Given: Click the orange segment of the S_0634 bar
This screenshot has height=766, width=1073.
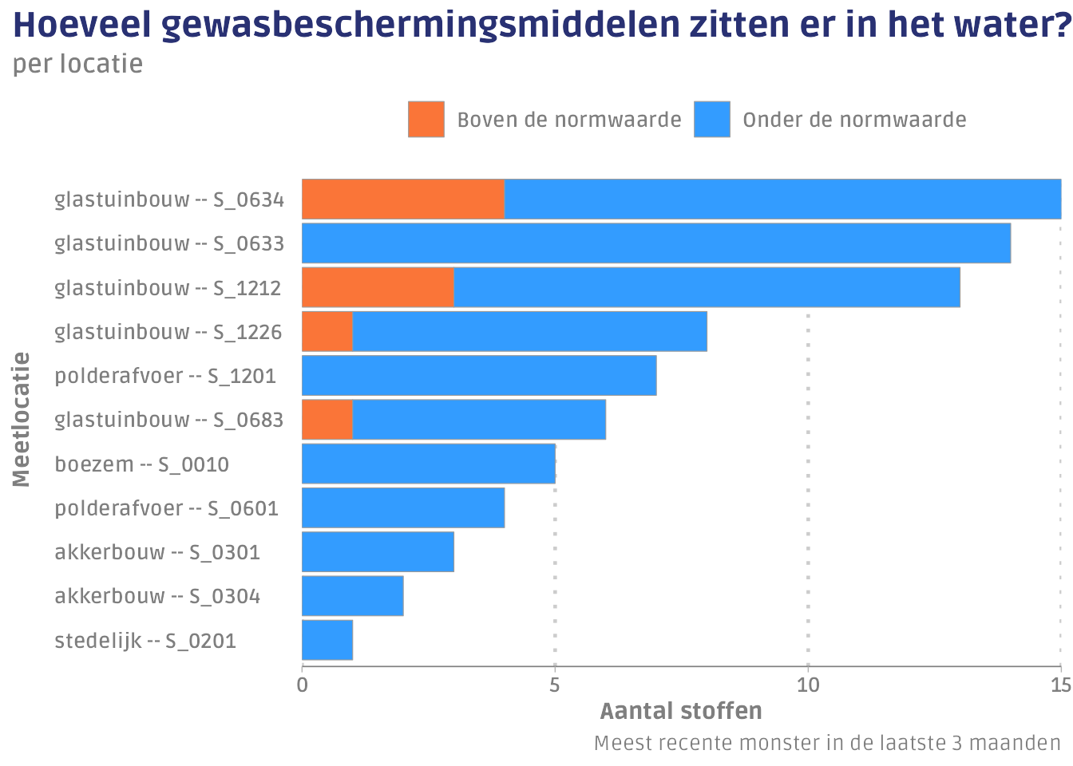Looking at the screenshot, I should (403, 199).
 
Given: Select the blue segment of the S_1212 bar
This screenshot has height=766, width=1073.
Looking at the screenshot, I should (707, 287).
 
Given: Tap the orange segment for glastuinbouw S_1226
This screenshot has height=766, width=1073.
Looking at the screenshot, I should (327, 331).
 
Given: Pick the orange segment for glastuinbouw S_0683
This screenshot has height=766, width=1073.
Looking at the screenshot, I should (327, 420).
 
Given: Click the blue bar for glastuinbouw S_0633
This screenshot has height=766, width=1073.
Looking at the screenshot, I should (656, 243).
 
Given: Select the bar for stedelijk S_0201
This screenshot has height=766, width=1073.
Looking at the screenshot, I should (327, 640).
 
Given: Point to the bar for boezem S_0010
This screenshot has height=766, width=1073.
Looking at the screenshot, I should (429, 464).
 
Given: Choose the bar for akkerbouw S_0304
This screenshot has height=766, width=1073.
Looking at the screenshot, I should (353, 596).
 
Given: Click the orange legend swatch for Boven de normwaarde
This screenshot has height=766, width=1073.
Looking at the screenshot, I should (426, 120).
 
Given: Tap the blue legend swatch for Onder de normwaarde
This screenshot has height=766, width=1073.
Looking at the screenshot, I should (711, 120).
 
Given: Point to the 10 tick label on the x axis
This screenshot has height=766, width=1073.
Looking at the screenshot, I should (808, 685).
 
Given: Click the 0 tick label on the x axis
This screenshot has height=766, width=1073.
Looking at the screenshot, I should (302, 685).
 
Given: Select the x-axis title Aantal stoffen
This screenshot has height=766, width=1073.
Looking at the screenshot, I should (680, 711).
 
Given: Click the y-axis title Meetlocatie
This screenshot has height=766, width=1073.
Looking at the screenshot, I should (22, 420).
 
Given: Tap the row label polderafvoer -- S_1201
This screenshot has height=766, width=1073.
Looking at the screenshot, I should (165, 376).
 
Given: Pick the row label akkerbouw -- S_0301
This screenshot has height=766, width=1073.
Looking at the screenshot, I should (157, 552).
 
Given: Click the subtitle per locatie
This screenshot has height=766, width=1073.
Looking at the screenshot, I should (77, 64).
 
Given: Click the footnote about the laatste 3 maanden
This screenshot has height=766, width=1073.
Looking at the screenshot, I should (827, 744).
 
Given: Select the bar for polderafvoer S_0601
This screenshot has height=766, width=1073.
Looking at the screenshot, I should (403, 507).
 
